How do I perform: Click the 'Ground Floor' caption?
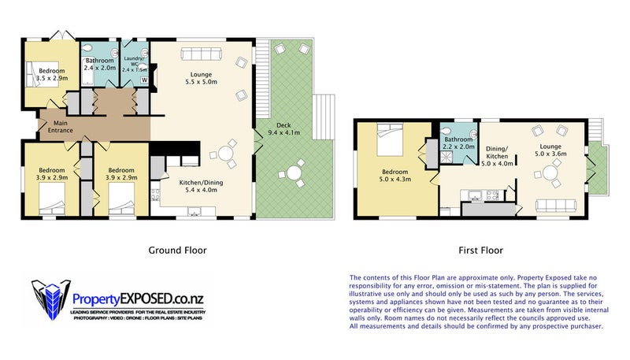point(177,251)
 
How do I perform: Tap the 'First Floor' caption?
point(480,251)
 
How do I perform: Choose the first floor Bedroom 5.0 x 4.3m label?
point(395,176)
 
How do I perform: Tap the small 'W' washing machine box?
point(144,79)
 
